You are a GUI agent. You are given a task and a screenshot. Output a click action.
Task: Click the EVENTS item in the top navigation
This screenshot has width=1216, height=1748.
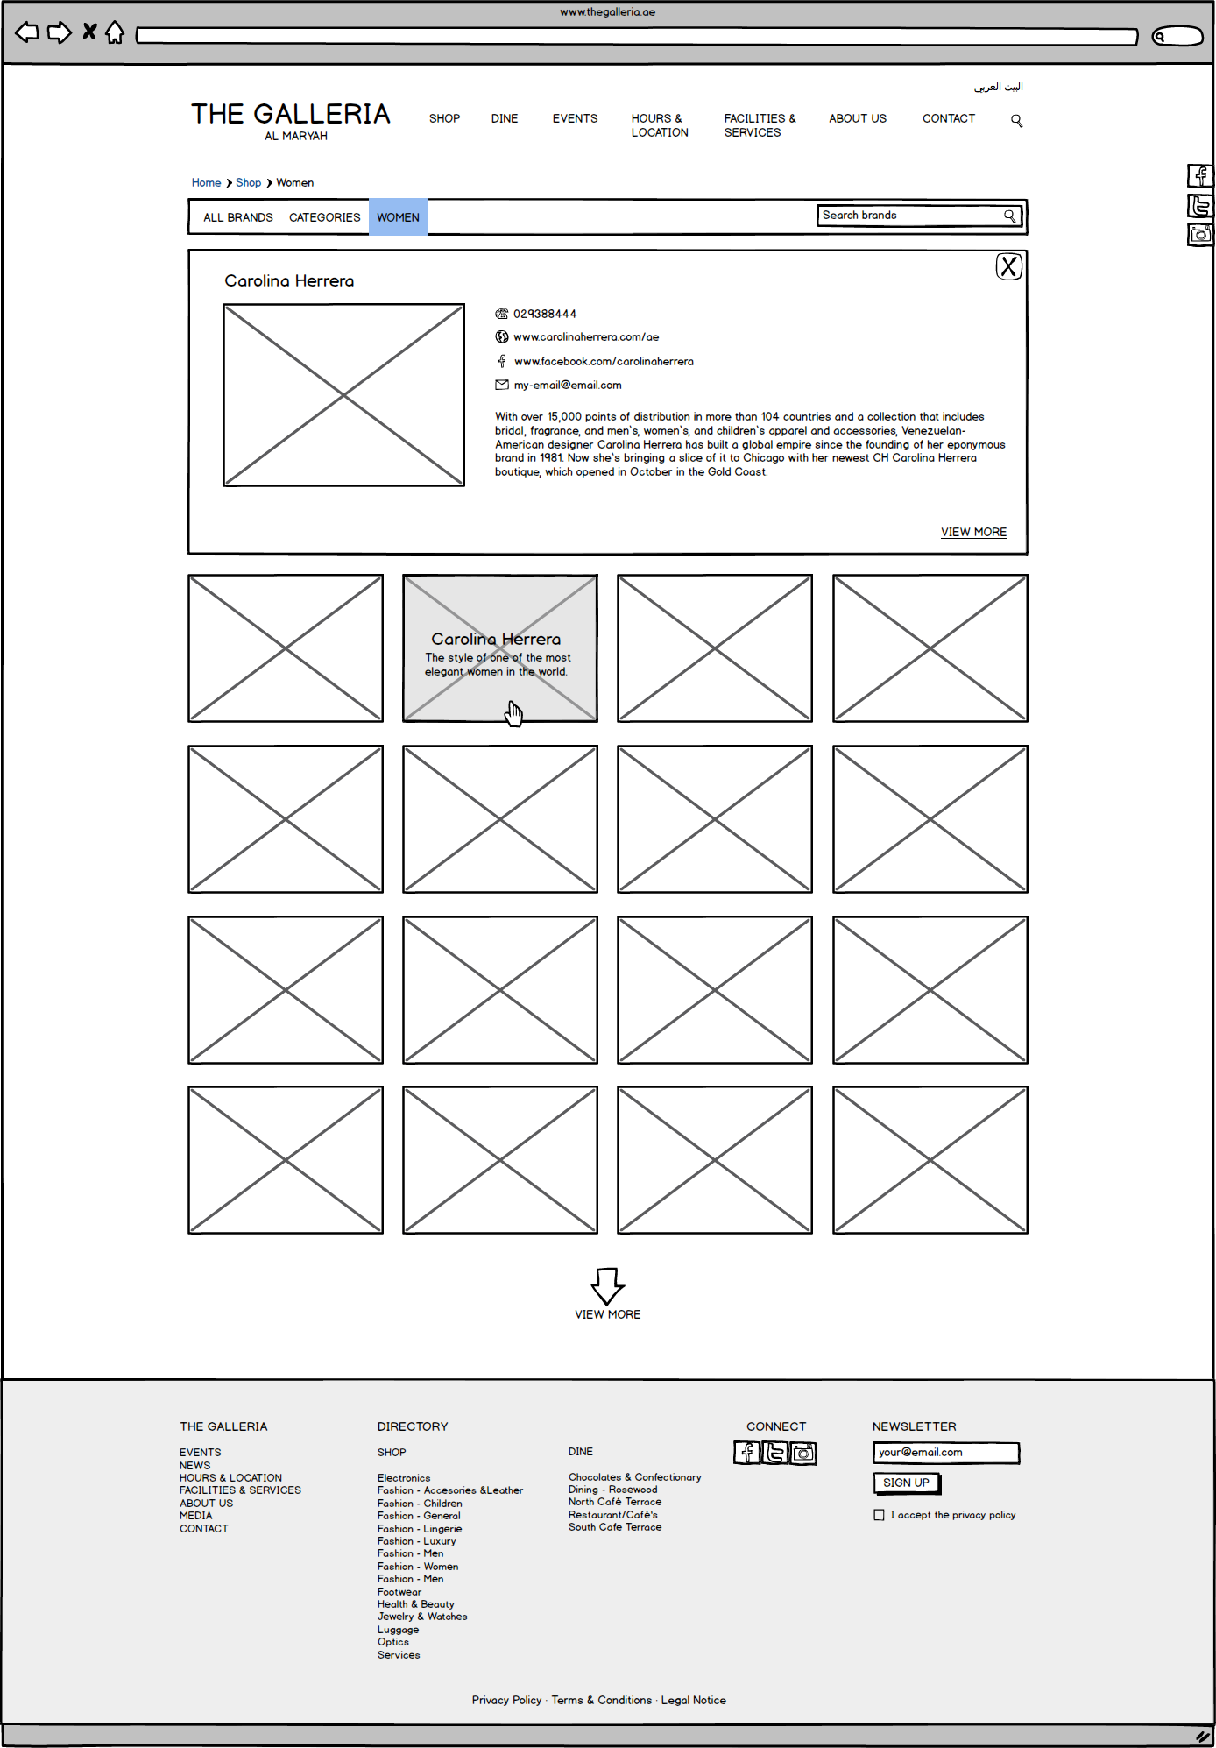pyautogui.click(x=575, y=118)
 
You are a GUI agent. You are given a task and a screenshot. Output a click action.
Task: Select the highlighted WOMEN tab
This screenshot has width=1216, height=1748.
pyautogui.click(x=398, y=217)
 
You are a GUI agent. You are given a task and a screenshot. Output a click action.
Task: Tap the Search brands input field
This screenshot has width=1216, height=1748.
pyautogui.click(x=911, y=216)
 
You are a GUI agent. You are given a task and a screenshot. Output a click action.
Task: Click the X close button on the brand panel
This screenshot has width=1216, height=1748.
pyautogui.click(x=1008, y=266)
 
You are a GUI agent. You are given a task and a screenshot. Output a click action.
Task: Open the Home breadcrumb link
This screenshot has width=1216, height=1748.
pyautogui.click(x=206, y=183)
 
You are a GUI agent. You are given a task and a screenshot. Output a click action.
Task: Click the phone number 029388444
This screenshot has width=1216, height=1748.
pyautogui.click(x=544, y=314)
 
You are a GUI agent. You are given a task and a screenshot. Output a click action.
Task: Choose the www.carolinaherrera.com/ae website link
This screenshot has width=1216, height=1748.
pyautogui.click(x=586, y=337)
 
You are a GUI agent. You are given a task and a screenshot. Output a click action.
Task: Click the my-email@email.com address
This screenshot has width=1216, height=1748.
pyautogui.click(x=567, y=386)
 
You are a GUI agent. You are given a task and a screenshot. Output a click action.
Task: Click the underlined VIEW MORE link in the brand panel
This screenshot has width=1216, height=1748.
pyautogui.click(x=973, y=532)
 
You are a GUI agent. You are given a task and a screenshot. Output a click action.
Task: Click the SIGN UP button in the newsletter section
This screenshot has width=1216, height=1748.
pyautogui.click(x=906, y=1483)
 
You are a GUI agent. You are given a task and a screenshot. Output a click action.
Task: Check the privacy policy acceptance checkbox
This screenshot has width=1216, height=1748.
pyautogui.click(x=879, y=1515)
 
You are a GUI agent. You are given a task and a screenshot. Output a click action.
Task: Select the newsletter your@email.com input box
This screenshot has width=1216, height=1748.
pyautogui.click(x=945, y=1453)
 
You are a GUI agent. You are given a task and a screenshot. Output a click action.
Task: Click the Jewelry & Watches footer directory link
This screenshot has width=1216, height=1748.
pyautogui.click(x=422, y=1617)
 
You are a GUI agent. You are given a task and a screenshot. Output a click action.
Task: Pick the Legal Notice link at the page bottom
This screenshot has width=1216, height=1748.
pyautogui.click(x=693, y=1700)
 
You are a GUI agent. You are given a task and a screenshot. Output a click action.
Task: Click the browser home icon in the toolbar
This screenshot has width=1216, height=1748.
pyautogui.click(x=115, y=33)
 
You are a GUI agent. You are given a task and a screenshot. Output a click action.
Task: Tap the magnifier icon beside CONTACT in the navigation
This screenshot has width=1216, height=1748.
pyautogui.click(x=1016, y=120)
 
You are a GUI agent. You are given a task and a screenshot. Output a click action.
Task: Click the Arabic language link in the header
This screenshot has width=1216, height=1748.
pyautogui.click(x=998, y=87)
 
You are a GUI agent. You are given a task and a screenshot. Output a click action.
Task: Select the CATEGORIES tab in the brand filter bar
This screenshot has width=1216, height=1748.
pyautogui.click(x=324, y=217)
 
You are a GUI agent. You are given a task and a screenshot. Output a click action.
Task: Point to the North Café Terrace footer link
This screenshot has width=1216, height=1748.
pyautogui.click(x=614, y=1502)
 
